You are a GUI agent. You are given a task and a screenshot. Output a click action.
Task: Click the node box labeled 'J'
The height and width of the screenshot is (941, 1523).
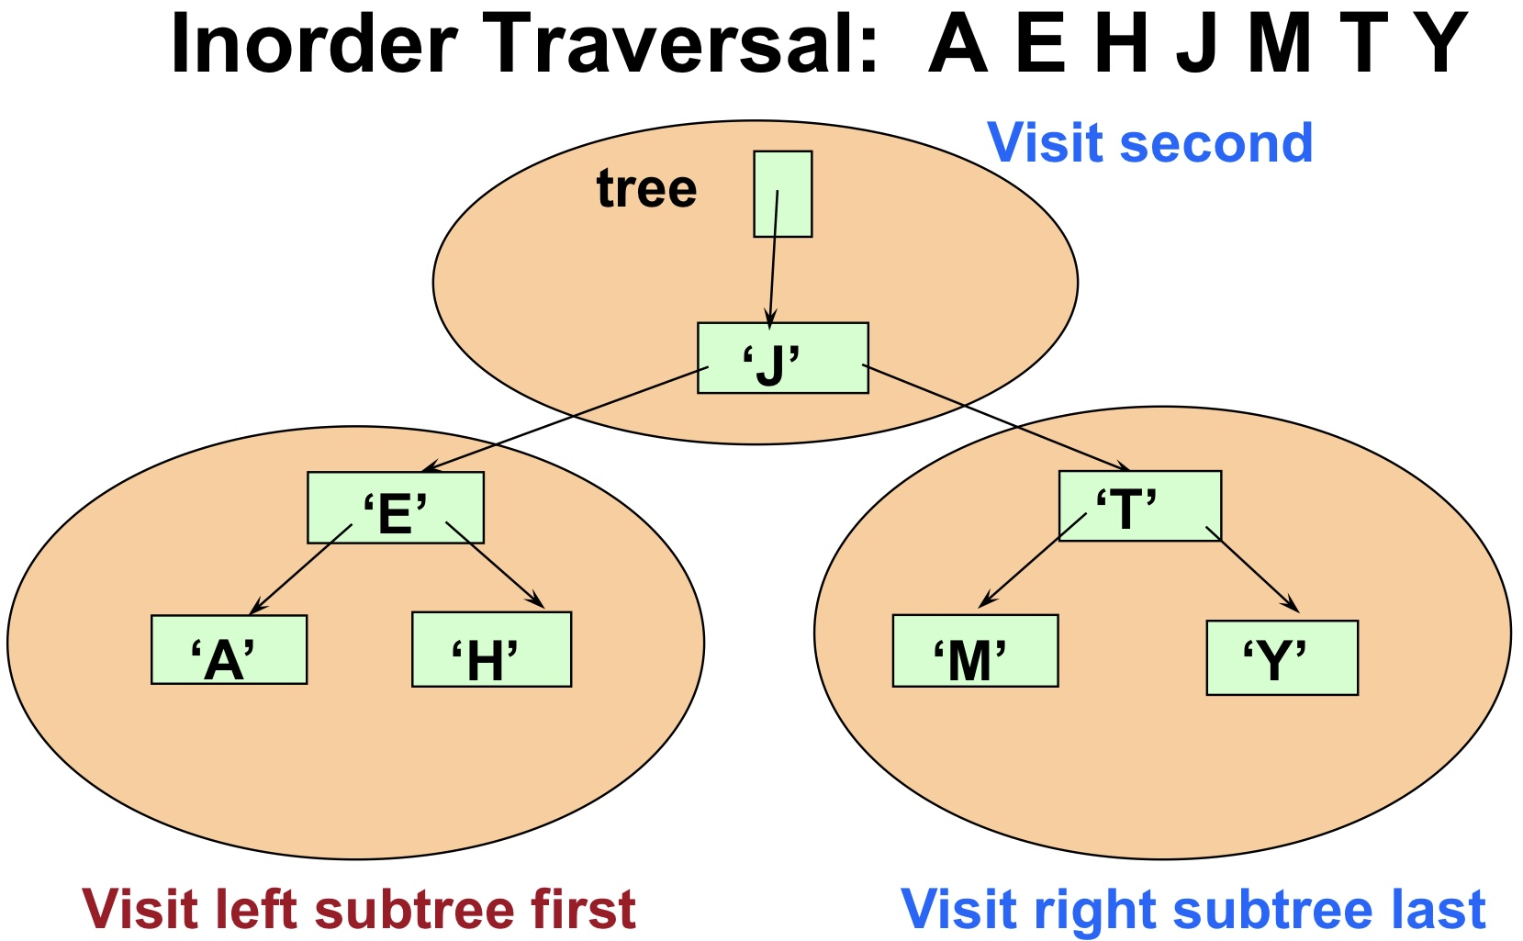pyautogui.click(x=782, y=358)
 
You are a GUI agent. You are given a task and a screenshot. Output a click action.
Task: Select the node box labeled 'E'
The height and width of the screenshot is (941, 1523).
pyautogui.click(x=395, y=508)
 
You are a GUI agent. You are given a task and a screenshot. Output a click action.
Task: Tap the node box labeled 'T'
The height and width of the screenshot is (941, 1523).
pyautogui.click(x=1139, y=506)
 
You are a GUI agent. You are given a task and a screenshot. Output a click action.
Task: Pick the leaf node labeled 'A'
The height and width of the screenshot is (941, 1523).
pyautogui.click(x=229, y=650)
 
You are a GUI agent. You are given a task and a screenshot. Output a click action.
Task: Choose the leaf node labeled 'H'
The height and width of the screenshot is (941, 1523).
pyautogui.click(x=491, y=650)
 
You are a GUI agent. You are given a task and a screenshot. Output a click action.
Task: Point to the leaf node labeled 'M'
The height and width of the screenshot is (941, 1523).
pyautogui.click(x=975, y=651)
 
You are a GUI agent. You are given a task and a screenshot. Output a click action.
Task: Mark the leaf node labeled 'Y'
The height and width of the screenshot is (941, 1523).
pyautogui.click(x=1282, y=658)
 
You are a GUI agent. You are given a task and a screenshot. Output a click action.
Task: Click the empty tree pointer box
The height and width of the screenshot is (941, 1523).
pyautogui.click(x=782, y=195)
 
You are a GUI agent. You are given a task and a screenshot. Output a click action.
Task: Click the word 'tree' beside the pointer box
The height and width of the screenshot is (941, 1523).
pyautogui.click(x=646, y=189)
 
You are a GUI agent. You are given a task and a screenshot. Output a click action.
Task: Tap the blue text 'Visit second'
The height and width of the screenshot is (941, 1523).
pyautogui.click(x=1149, y=143)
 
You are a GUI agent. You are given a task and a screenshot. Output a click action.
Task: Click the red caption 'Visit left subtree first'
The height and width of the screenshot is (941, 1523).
pyautogui.click(x=359, y=910)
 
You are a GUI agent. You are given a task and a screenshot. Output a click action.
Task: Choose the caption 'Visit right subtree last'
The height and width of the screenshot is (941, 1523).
pyautogui.click(x=1193, y=910)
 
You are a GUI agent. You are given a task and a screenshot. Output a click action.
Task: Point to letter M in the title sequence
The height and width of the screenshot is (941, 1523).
pyautogui.click(x=1279, y=44)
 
